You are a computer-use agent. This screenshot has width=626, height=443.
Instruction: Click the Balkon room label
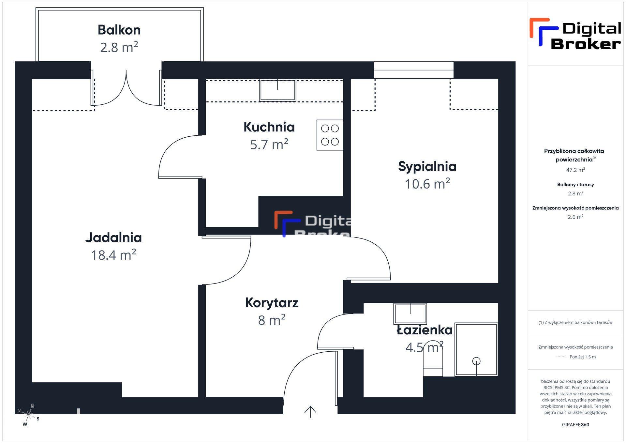coord(119,30)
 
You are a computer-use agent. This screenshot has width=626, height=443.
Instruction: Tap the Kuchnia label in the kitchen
coord(269,127)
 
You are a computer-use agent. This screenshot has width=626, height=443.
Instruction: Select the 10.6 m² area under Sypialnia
coord(427,184)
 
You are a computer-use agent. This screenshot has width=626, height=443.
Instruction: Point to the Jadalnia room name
coord(113,237)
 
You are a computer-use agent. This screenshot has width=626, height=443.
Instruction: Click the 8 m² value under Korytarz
coord(272,320)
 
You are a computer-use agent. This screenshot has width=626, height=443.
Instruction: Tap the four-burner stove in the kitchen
coord(330,135)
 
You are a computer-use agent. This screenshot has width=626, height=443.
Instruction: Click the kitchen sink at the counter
coord(277,90)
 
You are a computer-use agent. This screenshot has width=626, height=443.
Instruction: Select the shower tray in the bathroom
coord(476,349)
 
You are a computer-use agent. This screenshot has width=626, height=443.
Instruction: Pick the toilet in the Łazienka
coord(433,362)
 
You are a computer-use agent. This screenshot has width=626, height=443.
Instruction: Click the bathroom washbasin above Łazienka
coord(410,313)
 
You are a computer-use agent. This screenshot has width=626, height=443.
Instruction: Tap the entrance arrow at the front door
coord(310,412)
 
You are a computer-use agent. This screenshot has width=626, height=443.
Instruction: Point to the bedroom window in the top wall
coord(413,70)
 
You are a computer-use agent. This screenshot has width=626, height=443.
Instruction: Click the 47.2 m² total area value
coord(575,170)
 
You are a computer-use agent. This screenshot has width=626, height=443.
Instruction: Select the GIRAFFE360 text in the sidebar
coord(575,425)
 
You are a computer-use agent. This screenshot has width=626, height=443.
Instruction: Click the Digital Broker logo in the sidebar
coord(575,34)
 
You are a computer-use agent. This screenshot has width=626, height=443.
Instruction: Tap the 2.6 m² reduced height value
coord(575,217)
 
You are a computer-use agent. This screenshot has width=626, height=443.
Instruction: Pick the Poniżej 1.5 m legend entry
coord(575,357)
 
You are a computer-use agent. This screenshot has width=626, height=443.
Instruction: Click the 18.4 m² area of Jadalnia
coord(113,255)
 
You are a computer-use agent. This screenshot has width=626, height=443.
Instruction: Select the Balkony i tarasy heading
coord(575,185)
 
